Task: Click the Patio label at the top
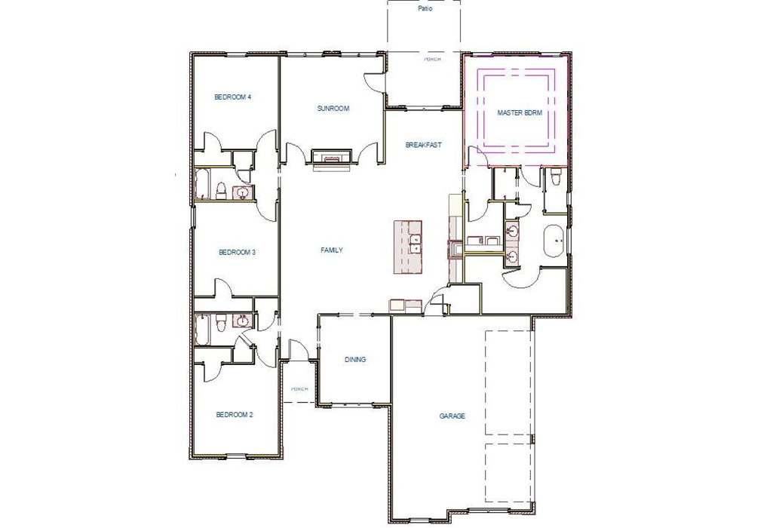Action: [x=425, y=9]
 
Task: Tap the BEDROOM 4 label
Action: [x=232, y=97]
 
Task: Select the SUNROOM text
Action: [x=333, y=109]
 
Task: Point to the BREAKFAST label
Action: [x=423, y=145]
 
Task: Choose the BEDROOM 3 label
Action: [x=237, y=253]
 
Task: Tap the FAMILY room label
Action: [x=332, y=250]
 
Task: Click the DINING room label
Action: [x=355, y=360]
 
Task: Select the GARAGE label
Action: [x=452, y=416]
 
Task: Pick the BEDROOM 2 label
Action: [x=234, y=414]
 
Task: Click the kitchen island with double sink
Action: [x=408, y=247]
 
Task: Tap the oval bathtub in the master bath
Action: [x=557, y=242]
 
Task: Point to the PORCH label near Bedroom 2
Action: [x=299, y=389]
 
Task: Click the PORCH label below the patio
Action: [x=432, y=59]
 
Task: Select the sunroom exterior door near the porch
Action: [x=374, y=81]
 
